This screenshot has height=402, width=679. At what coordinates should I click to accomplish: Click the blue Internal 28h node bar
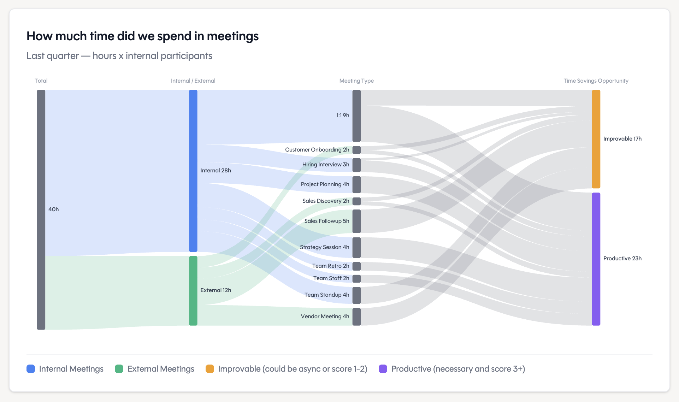coord(193,171)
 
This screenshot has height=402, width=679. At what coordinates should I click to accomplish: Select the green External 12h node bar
coord(193,290)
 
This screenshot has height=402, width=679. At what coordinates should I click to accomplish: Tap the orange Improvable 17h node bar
coord(596,139)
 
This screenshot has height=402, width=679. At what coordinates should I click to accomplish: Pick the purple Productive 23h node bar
coord(596,259)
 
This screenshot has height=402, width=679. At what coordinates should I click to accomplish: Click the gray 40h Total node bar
coord(41,209)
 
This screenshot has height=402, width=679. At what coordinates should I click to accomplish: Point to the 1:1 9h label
coord(342,116)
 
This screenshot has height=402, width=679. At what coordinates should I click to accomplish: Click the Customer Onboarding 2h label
coord(317,150)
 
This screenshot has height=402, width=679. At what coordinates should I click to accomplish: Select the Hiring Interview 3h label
coord(325,165)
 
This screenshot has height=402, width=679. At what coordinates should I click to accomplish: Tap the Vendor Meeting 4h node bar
coord(356,317)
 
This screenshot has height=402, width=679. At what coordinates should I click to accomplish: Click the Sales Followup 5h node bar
coord(356,221)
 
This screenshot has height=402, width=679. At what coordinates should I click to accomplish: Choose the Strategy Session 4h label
coord(324,247)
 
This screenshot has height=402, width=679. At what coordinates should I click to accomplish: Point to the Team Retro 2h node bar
coord(356,266)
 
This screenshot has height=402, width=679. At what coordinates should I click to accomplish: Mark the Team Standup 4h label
coord(326,295)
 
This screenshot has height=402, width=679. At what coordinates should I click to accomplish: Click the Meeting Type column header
coord(356,81)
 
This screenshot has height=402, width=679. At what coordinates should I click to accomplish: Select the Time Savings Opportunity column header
coord(596,81)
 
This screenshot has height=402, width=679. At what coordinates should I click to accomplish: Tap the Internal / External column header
coord(193,81)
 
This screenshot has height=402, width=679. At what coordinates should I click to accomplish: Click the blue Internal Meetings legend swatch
coord(31,369)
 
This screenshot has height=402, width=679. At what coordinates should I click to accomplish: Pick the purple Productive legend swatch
coord(383,369)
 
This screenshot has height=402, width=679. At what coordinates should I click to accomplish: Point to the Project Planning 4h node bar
coord(356,184)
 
